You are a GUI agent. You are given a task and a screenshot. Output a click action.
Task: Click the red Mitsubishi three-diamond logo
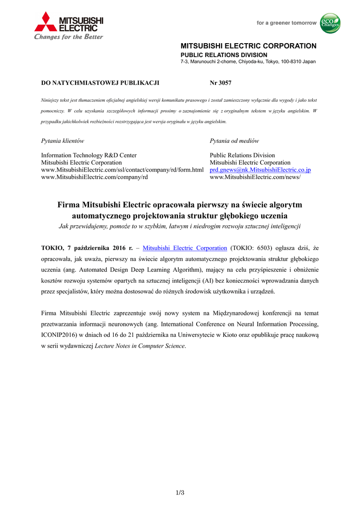pyautogui.click(x=46, y=22)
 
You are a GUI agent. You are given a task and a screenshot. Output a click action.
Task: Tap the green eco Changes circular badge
pyautogui.click(x=330, y=23)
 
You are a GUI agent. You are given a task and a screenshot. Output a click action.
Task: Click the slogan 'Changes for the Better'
pyautogui.click(x=69, y=37)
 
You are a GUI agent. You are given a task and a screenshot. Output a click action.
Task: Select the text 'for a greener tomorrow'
pyautogui.click(x=286, y=23)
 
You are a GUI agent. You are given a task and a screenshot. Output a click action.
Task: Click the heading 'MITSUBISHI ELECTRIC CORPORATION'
pyautogui.click(x=248, y=46)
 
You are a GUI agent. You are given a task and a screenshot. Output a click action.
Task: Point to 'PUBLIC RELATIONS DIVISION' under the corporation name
pyautogui.click(x=223, y=55)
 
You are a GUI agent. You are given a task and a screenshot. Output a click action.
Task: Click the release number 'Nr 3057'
pyautogui.click(x=220, y=83)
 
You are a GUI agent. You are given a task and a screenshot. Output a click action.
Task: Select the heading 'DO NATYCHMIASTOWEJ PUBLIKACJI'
pyautogui.click(x=99, y=83)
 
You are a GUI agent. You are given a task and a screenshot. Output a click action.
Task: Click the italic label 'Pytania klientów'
pyautogui.click(x=62, y=141)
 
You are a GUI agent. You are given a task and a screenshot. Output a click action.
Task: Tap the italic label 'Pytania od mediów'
pyautogui.click(x=234, y=141)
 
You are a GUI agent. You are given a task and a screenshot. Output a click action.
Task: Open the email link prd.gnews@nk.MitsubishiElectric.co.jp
pyautogui.click(x=260, y=170)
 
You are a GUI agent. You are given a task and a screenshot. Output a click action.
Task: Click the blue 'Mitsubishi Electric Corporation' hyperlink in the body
pyautogui.click(x=185, y=248)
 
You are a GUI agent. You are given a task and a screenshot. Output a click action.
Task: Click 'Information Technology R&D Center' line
pyautogui.click(x=88, y=155)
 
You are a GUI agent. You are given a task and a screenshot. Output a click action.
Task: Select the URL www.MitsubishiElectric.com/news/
pyautogui.click(x=255, y=177)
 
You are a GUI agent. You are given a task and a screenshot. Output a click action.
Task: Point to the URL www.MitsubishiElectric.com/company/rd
pyautogui.click(x=94, y=177)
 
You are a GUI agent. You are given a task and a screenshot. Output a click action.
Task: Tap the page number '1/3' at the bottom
pyautogui.click(x=180, y=492)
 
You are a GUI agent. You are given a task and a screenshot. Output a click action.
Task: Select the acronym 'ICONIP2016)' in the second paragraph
pyautogui.click(x=58, y=335)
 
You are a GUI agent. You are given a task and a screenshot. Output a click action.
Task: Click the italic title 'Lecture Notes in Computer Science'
pyautogui.click(x=140, y=346)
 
